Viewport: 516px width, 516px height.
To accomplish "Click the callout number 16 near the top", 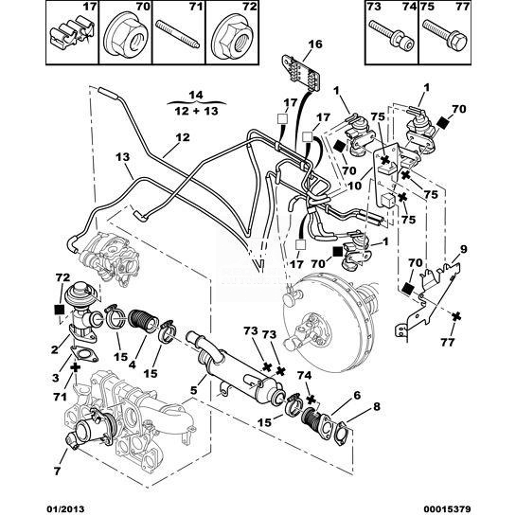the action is [x=315, y=44].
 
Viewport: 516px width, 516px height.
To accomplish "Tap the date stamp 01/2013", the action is [x=64, y=509].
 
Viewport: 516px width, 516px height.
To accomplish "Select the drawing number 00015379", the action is [x=447, y=509].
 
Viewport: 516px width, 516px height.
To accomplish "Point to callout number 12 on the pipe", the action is [x=183, y=137].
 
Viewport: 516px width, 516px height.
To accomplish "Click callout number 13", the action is [x=123, y=157].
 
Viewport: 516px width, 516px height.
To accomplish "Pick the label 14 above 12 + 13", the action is [x=196, y=96].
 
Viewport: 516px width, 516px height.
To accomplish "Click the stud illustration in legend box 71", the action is [x=177, y=34].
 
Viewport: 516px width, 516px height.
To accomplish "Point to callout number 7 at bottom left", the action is [x=57, y=471].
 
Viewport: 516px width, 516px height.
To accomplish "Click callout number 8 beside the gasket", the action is [x=376, y=406].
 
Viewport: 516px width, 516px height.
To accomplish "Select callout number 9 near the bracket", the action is [x=463, y=249].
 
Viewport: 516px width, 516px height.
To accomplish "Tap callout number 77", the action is [x=448, y=342].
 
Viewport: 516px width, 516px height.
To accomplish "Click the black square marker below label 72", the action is [x=60, y=310].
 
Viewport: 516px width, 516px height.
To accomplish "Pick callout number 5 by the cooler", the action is [x=193, y=391].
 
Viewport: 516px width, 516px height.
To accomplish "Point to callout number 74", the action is [x=304, y=375].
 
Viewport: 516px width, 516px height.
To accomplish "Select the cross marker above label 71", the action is [x=76, y=367].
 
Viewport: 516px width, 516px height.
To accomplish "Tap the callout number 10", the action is [x=354, y=186].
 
